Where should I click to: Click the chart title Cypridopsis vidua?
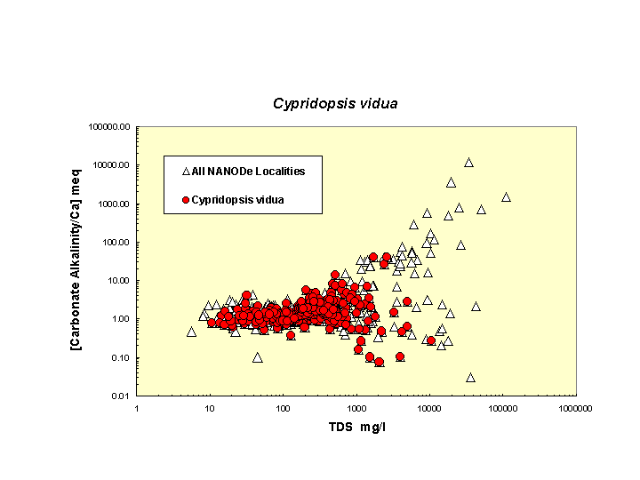335,103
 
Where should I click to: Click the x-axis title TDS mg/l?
356,427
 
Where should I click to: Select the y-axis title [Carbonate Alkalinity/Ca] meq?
77,261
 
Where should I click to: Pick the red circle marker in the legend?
186,200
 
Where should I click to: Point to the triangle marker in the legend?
186,171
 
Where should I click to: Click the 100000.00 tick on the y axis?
110,126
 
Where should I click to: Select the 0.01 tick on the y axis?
122,396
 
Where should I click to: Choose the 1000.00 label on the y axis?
115,204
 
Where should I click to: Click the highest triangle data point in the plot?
468,163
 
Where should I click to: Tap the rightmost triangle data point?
506,197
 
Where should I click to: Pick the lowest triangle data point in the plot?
470,377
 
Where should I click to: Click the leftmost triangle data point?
191,332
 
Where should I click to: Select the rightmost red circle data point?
431,340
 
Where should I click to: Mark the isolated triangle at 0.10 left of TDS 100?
257,357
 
